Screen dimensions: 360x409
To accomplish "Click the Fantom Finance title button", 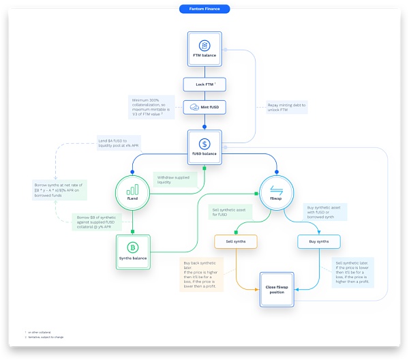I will click(x=204, y=9).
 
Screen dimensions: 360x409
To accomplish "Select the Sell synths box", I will click(x=235, y=241).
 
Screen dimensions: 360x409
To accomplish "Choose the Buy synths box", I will click(x=319, y=241).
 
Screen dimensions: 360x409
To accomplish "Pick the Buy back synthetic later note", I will click(x=205, y=275).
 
